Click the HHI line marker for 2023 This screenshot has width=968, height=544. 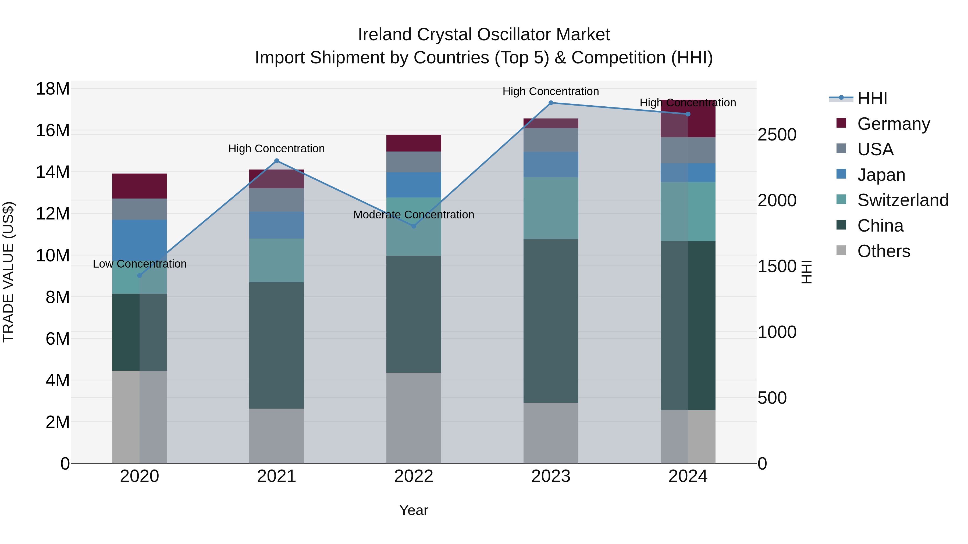(x=551, y=103)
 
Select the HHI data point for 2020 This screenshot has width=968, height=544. (x=139, y=276)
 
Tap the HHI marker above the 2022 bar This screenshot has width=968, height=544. (x=414, y=226)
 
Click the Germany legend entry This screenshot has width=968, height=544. (x=893, y=124)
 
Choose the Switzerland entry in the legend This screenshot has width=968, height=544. (x=903, y=200)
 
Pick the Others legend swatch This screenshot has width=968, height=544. (x=841, y=250)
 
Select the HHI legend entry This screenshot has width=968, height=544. (x=872, y=98)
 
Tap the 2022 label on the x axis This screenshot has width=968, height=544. (x=414, y=476)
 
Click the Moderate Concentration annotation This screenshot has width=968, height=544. (x=414, y=215)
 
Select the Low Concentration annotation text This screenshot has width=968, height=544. (x=139, y=264)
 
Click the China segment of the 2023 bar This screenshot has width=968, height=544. (x=551, y=321)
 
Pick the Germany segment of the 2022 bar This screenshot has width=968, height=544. (x=414, y=143)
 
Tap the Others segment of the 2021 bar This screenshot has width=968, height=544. (x=277, y=436)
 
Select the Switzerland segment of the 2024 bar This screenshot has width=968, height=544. (x=688, y=211)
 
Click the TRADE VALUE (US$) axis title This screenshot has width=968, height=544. (x=9, y=272)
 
